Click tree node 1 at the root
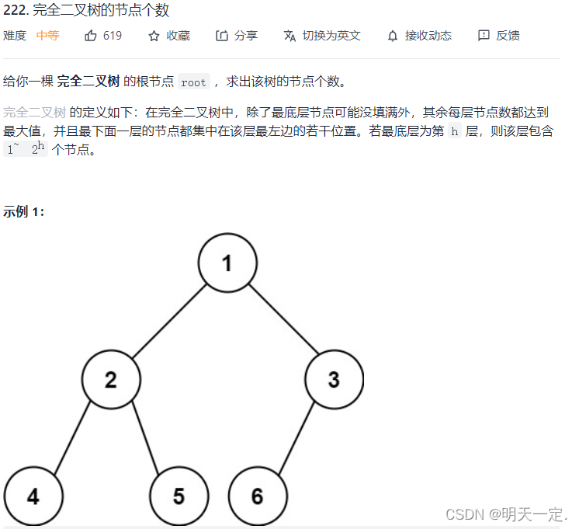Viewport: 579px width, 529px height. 227,263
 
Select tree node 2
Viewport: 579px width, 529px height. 111,380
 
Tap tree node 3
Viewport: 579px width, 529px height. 334,380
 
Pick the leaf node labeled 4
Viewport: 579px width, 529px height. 33,496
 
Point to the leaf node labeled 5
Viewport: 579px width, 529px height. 179,496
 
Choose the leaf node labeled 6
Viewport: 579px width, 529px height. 258,496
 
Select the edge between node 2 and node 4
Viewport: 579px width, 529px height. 72,437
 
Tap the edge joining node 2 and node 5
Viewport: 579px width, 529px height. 145,437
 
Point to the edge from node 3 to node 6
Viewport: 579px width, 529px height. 296,437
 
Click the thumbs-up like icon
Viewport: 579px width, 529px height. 91,36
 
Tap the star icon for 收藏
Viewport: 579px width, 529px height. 154,36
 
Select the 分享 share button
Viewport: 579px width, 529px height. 237,36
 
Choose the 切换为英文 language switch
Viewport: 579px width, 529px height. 322,36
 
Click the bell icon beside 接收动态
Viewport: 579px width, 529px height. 392,36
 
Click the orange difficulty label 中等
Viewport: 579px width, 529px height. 47,36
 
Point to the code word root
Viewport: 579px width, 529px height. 193,82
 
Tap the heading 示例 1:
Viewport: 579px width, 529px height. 24,211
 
